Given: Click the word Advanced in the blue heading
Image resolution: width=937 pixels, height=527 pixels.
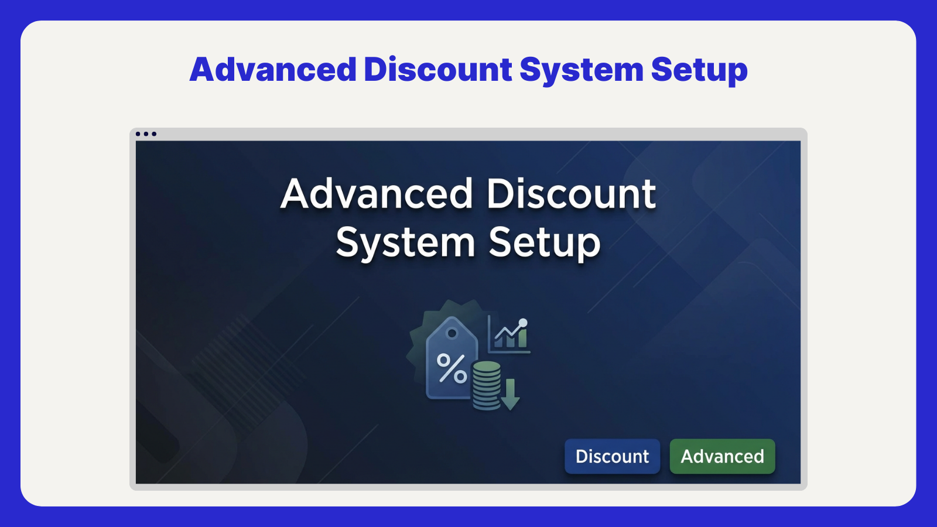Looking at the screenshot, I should coord(273,70).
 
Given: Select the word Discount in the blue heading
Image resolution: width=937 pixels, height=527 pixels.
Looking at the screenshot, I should coord(438,70).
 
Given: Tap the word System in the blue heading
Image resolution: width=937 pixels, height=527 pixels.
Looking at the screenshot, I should coord(581,70).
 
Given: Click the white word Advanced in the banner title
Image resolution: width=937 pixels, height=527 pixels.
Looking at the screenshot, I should coord(377,194).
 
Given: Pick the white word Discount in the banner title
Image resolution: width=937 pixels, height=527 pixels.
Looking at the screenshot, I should coord(571,194).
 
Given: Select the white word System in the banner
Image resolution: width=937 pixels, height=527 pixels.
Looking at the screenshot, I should coord(405,242).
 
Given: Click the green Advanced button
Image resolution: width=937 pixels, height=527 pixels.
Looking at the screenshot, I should coord(722,456).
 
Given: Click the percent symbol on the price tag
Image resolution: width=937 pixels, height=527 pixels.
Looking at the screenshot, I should coord(452,368).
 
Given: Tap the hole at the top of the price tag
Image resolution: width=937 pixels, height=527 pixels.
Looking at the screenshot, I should coord(452,333).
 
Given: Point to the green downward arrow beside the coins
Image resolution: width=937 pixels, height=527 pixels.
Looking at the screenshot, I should coord(510,394).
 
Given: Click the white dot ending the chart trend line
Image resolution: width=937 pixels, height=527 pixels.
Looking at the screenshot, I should coord(523,323).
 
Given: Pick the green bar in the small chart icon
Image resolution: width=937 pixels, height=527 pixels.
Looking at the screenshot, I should coord(522,338).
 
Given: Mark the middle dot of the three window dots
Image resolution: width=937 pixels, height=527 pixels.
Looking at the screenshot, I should coord(146,134).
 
